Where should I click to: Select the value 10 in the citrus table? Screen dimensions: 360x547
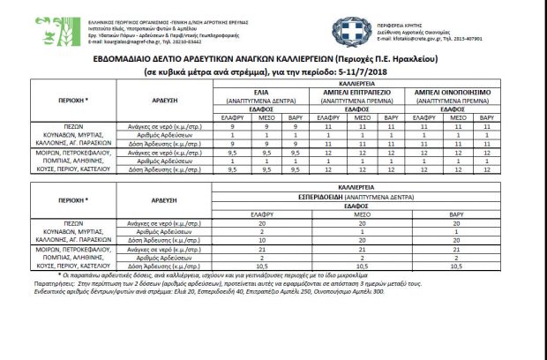point(264,238)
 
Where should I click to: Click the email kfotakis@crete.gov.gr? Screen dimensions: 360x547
point(415,40)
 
